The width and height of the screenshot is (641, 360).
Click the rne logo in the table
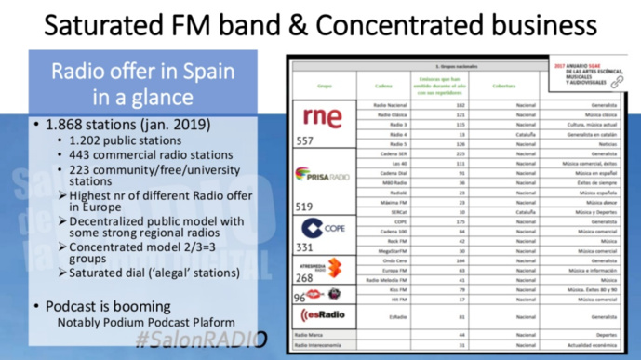[322, 118]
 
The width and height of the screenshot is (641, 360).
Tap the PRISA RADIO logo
[321, 175]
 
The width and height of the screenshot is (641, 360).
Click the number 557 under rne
[305, 142]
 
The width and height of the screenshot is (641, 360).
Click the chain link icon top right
[617, 83]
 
